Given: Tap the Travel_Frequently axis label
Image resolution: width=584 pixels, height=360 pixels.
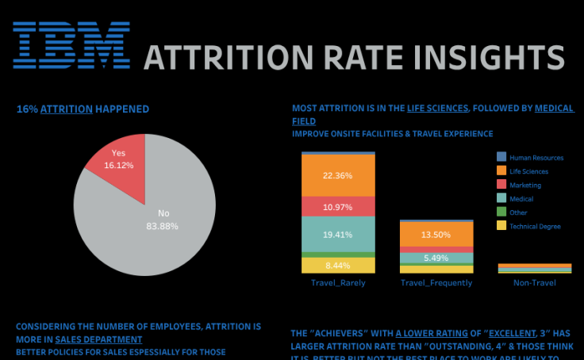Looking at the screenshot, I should point(436,282).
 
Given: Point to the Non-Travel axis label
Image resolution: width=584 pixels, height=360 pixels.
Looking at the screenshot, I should point(534,282).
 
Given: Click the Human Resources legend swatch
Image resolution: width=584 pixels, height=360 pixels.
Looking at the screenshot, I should point(501,157).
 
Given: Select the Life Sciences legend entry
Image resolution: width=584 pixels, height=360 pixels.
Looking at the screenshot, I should point(528,171).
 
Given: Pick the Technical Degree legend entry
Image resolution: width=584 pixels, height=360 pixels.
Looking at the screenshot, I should point(534,226).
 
